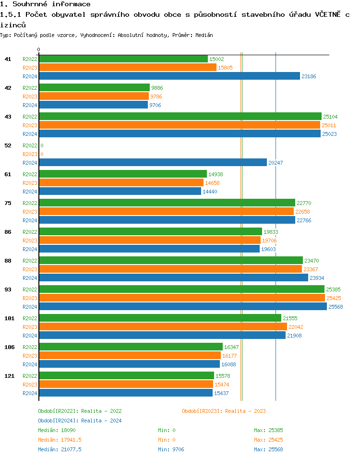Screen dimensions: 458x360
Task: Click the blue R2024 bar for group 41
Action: point(169,76)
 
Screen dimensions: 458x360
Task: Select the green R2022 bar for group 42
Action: point(95,88)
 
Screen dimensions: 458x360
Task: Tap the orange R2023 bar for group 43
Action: point(180,125)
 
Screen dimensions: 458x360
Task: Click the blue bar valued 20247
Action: point(153,163)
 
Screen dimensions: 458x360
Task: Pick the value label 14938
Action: point(216,174)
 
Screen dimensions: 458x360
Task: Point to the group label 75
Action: point(8,203)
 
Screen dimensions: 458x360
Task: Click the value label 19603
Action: point(268,249)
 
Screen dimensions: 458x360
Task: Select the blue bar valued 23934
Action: point(173,278)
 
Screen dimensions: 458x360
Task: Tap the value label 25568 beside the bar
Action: point(335,307)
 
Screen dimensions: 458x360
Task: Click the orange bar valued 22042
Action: point(163,327)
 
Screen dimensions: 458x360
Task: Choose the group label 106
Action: point(9,347)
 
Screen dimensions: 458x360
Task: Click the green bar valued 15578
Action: point(126,376)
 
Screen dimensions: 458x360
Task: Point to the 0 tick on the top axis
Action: point(39,50)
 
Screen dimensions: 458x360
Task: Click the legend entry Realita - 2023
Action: point(224,411)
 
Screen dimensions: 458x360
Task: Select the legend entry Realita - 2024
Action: point(80,421)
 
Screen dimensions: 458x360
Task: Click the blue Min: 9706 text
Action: point(171,449)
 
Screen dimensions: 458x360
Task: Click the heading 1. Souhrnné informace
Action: point(45,4)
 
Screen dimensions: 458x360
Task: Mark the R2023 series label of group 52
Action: point(30,154)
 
